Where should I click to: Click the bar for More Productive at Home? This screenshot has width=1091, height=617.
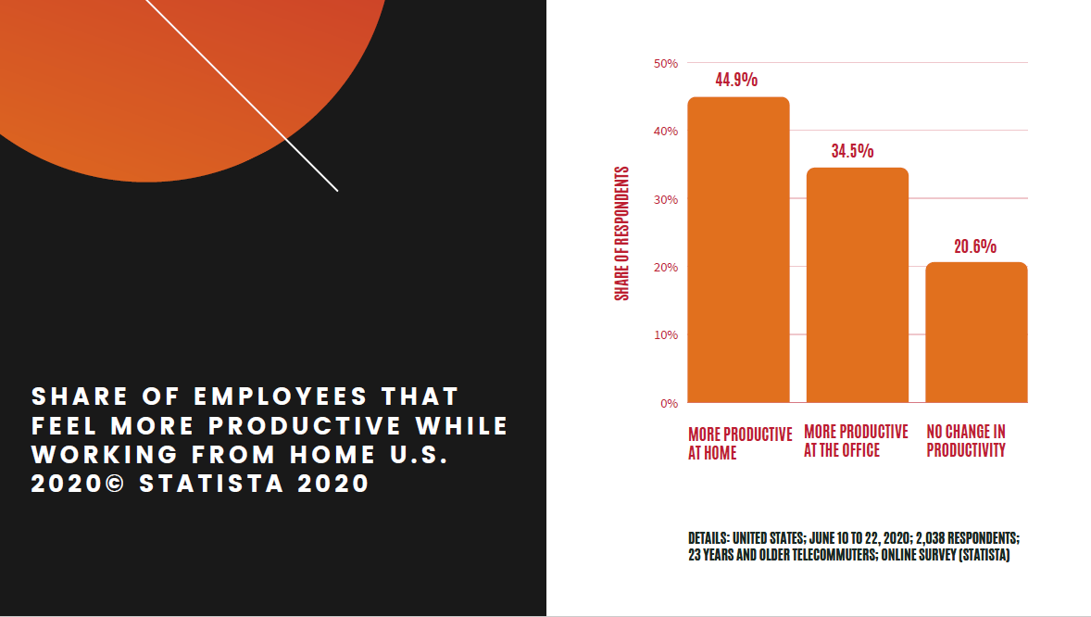(738, 250)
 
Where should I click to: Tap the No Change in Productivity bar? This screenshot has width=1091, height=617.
(976, 333)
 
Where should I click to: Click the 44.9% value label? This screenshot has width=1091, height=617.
(736, 80)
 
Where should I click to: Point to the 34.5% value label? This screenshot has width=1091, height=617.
(852, 151)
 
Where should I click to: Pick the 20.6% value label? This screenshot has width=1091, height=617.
(975, 246)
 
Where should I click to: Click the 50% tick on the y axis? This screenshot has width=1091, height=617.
(666, 63)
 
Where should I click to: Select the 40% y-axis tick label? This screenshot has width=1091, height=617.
(666, 132)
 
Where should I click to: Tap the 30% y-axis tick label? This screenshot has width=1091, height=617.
(666, 199)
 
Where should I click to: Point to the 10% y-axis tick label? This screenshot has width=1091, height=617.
(666, 334)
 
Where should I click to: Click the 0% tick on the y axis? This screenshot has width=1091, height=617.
(669, 403)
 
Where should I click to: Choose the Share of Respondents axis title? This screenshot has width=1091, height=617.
(622, 233)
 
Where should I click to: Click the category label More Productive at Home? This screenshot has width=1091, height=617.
(740, 444)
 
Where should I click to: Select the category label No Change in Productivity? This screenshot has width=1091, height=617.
(966, 441)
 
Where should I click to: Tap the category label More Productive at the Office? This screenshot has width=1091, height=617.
(856, 441)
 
